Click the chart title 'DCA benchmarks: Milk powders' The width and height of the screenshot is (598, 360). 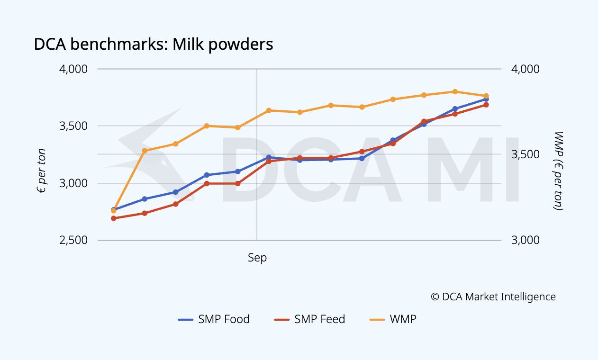coord(154,45)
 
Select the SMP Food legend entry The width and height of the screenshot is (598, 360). coord(214,319)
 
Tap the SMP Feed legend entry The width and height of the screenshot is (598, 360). coord(310,319)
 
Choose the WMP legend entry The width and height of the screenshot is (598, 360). coord(393,319)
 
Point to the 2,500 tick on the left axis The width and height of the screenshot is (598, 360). coord(73,240)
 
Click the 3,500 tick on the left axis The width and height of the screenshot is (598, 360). coord(73,126)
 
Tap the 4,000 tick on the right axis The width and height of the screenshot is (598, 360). coord(525,69)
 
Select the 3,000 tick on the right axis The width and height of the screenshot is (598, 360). coord(525,240)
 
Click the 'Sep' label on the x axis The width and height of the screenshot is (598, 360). coord(257,258)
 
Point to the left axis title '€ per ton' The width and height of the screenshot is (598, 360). coord(41,171)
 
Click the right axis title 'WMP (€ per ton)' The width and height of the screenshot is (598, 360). coord(558,171)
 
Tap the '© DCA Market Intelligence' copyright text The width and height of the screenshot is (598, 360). coord(493,297)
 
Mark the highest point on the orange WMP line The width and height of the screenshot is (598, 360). coord(455,92)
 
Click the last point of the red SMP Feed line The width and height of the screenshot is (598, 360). coord(486,105)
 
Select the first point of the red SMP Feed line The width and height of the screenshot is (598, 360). coord(113,218)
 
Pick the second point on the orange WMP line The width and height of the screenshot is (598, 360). coord(145,151)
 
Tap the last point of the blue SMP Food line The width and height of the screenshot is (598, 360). coord(486,99)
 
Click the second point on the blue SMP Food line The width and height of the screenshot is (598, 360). coord(145,199)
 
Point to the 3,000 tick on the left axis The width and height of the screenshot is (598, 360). coord(73,183)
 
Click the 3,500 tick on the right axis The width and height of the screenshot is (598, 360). coord(525,154)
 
